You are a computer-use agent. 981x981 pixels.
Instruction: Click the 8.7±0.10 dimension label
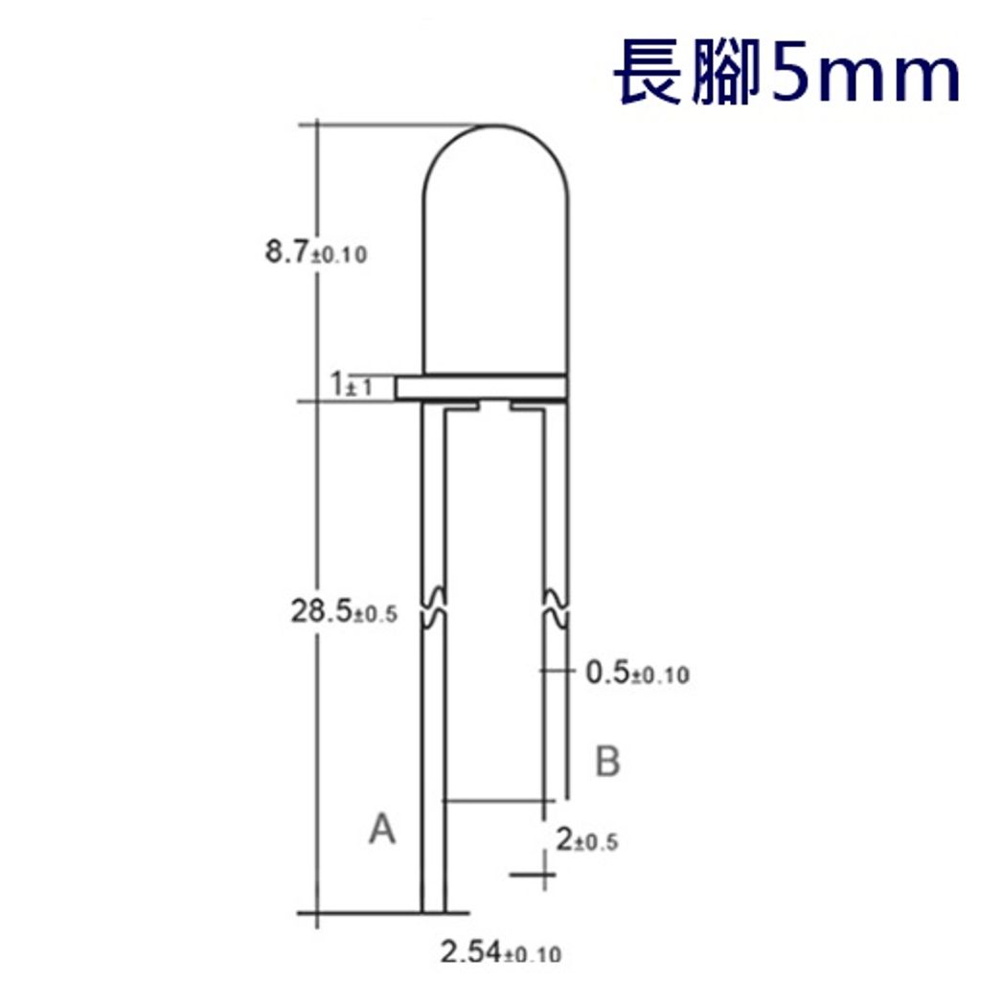[x=315, y=255]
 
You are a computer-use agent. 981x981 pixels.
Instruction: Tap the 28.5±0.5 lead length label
[x=343, y=612]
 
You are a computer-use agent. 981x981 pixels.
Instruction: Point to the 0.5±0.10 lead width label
[x=636, y=673]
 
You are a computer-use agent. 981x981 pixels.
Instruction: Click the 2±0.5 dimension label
[x=586, y=840]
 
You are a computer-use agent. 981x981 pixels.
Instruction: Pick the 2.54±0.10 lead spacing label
[x=500, y=952]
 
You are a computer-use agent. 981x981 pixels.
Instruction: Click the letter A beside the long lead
[x=382, y=830]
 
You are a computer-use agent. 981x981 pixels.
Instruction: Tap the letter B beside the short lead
[x=607, y=763]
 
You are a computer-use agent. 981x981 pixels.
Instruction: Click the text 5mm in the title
[x=862, y=75]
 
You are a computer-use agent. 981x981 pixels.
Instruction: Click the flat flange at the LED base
[x=481, y=387]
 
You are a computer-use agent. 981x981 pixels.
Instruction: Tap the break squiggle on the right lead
[x=557, y=607]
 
